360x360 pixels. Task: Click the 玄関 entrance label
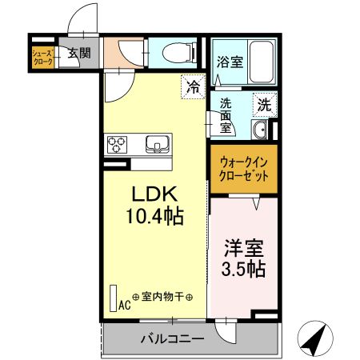tap(78, 54)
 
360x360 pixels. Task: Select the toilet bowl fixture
tap(178, 54)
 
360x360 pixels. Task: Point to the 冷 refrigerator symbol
tap(193, 85)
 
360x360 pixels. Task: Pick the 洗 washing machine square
tap(265, 103)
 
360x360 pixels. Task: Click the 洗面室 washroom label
tap(227, 115)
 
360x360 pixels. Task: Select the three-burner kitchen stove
tap(118, 144)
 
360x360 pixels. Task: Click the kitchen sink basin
tap(157, 144)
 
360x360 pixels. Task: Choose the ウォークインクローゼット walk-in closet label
tap(244, 169)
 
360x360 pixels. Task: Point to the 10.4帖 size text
tap(154, 215)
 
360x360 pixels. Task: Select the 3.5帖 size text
tap(244, 269)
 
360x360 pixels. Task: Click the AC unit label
tap(125, 304)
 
